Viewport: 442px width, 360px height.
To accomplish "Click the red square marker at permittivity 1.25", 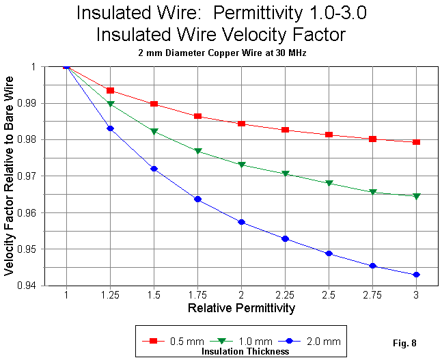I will coord(110,91).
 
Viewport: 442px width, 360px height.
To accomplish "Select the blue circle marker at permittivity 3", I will coord(416,275).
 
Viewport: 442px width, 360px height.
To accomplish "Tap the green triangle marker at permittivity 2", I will coord(241,165).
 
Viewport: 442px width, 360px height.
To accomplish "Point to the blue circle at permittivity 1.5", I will coord(154,169).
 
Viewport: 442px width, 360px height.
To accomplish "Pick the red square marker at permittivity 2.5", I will coord(329,135).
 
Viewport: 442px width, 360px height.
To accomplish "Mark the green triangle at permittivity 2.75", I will coord(372,192).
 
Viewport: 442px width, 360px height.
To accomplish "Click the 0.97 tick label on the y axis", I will coord(49,176).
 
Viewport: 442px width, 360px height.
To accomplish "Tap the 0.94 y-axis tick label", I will coord(49,286).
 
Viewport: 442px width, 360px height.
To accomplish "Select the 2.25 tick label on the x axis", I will coord(285,294).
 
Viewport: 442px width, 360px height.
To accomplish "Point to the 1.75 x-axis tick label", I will coord(197,294).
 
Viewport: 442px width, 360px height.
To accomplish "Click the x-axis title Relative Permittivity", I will coord(241,309).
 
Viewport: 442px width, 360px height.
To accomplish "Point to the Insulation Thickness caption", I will coord(245,351).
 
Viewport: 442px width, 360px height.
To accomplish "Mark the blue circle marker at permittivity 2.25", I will coord(285,238).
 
